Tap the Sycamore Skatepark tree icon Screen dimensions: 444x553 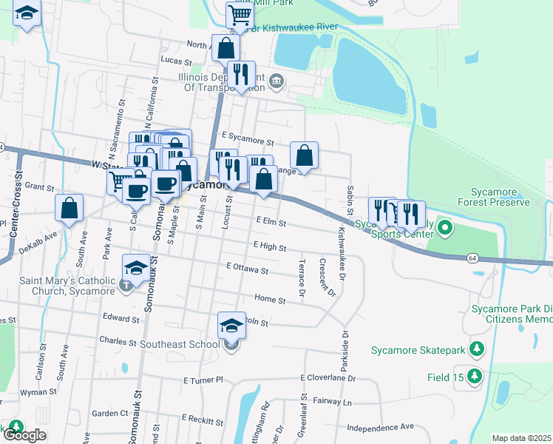click(478, 348)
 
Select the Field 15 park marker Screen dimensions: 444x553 click(474, 377)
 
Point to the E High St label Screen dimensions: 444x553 click(269, 246)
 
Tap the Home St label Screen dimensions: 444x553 click(270, 300)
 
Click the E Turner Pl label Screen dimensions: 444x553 click(203, 380)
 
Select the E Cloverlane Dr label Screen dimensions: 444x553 click(328, 377)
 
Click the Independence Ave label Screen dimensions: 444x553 click(381, 427)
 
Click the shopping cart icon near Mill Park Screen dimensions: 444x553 click(240, 14)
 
